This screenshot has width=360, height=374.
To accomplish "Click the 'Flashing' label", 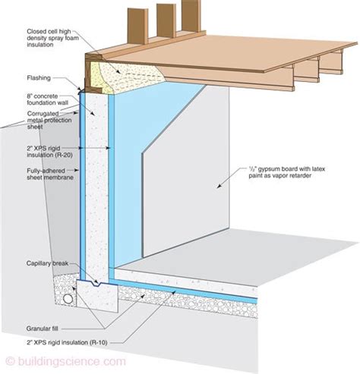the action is coord(39,78).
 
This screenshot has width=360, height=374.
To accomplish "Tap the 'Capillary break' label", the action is coord(47,263).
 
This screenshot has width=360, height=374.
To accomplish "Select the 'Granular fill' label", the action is coord(42,328).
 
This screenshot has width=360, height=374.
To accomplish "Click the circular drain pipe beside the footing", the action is coord(68,299).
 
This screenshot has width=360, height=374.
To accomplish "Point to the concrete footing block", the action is coord(97,294).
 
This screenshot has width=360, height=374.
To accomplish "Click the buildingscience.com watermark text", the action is coord(65,361).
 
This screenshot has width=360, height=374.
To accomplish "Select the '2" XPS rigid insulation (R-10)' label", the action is coord(67,343).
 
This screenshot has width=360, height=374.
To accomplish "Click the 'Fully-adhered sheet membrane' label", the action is coord(50,174).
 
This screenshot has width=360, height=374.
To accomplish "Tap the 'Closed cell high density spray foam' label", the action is coord(52,38).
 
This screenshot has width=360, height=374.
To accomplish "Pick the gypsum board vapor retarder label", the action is coord(286,172).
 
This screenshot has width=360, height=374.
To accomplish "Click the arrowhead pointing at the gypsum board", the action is coord(219,187).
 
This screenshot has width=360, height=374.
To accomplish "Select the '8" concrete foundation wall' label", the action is coord(47,99).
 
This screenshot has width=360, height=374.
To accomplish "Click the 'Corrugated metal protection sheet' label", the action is coord(49,120).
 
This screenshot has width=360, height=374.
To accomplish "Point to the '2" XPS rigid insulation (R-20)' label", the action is coord(49,152).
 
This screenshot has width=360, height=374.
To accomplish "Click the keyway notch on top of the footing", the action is coord(96,284).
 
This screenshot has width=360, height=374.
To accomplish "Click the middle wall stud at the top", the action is coord(166,20).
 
